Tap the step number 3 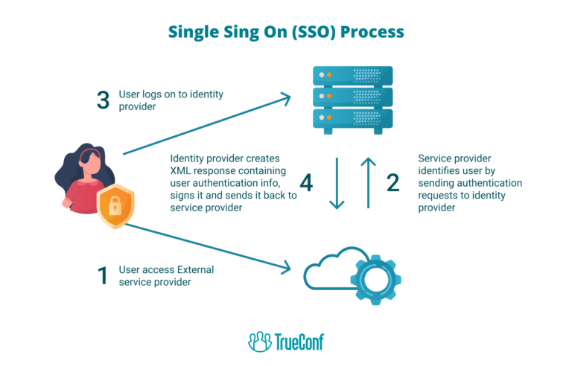(x=104, y=101)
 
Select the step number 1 (x=103, y=275)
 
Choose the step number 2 (x=393, y=182)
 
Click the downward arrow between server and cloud (x=337, y=182)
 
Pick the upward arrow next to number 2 (x=366, y=182)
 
